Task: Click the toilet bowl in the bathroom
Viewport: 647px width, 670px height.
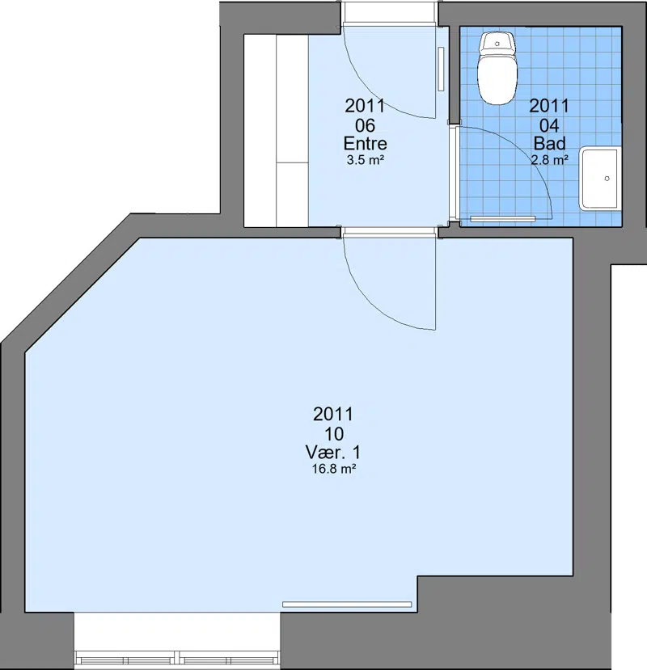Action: [x=497, y=79]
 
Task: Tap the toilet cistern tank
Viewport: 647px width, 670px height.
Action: [x=497, y=43]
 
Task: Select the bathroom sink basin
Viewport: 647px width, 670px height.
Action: [x=600, y=178]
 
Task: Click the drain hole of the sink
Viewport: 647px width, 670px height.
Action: [x=607, y=179]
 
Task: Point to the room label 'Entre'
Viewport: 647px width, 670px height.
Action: [x=366, y=144]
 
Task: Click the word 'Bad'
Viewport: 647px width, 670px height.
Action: [x=549, y=144]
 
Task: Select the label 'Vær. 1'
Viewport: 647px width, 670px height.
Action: [x=333, y=452]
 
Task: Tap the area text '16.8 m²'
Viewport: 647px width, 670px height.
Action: [x=334, y=470]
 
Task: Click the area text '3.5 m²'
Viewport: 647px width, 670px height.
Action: [x=366, y=161]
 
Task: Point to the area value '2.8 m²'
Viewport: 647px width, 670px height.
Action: [x=549, y=160]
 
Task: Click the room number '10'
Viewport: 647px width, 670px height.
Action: [x=334, y=434]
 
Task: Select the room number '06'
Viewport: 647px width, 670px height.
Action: [x=366, y=125]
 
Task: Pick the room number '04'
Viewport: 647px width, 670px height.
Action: [x=549, y=125]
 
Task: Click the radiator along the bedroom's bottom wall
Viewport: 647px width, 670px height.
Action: [x=347, y=605]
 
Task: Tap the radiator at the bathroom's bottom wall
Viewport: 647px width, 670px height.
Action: [x=503, y=219]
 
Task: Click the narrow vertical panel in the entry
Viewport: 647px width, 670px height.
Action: [x=441, y=69]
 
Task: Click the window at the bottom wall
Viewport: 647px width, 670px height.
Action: [x=177, y=657]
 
